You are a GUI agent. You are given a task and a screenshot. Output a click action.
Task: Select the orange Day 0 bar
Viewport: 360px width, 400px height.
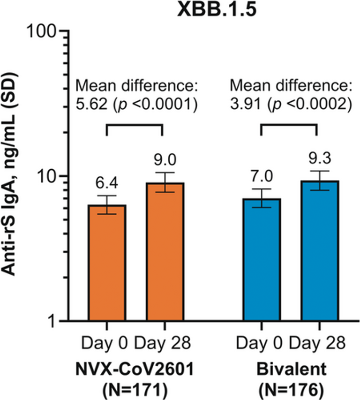[x=108, y=263]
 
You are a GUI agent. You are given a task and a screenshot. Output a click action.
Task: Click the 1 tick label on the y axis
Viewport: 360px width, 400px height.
[x=52, y=322]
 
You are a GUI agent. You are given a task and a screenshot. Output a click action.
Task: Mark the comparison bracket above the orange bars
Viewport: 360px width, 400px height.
[x=135, y=125]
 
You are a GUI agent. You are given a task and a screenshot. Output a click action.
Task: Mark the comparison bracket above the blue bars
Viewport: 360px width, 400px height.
[x=289, y=125]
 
